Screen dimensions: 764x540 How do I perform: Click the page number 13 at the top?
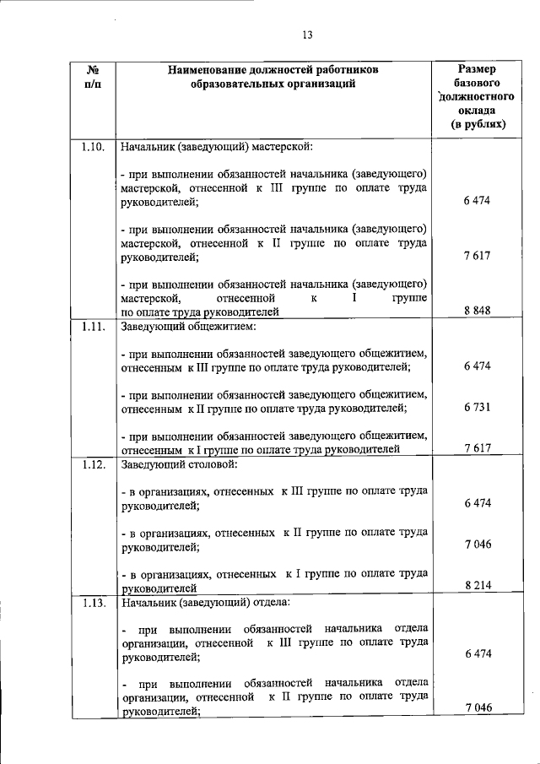(307, 35)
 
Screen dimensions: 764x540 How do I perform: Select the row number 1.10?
(93, 146)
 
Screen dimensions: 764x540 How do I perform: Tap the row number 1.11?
(93, 325)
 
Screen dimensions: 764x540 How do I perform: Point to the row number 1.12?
(93, 463)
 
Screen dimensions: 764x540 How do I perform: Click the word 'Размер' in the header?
(477, 68)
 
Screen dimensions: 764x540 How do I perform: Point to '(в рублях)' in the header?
(478, 124)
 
